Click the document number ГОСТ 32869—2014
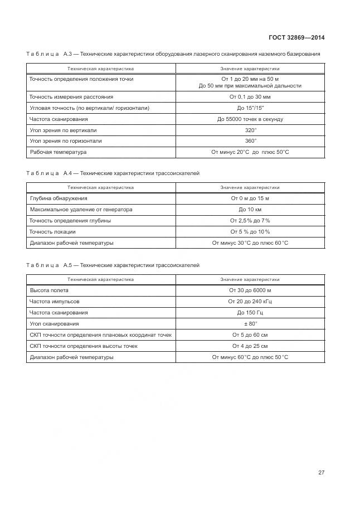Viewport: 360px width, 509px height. pos(296,38)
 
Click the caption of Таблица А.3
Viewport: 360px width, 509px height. pos(173,54)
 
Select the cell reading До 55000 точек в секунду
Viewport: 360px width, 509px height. pos(250,119)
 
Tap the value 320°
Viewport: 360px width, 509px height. pos(250,130)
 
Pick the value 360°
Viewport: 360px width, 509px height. pos(250,141)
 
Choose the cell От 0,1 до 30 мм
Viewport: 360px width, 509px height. pos(250,96)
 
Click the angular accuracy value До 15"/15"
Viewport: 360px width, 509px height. pos(250,108)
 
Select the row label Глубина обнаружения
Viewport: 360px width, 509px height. pos(58,198)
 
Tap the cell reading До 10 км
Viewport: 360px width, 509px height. pos(250,210)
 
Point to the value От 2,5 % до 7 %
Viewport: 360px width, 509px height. pos(250,221)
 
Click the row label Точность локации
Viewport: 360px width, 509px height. pos(52,232)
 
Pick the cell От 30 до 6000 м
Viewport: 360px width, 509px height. pos(250,290)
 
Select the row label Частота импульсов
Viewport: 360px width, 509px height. pos(54,302)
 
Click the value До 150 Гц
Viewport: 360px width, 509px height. pos(250,313)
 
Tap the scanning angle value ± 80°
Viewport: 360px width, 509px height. pos(250,324)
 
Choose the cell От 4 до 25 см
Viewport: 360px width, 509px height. pos(250,346)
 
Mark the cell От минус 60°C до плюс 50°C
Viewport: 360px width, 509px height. pos(250,357)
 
